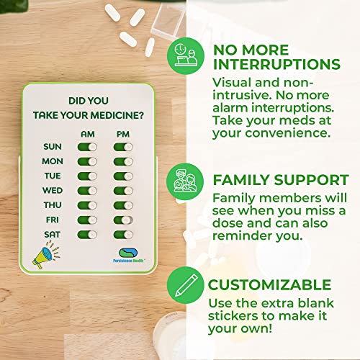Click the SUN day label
click(51, 146)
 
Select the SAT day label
click(52, 235)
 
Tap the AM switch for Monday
click(86, 161)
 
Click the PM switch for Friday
click(122, 220)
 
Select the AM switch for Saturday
click(86, 235)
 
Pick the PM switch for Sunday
click(122, 146)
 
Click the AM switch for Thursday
click(86, 205)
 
